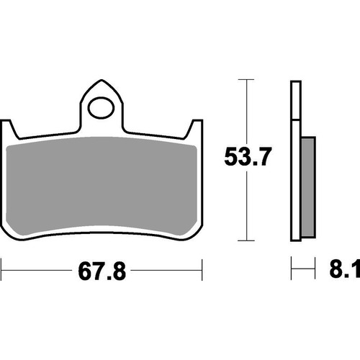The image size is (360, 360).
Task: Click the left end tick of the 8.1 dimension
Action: pyautogui.click(x=292, y=273)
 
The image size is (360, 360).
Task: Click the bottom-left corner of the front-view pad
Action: pyautogui.click(x=16, y=234)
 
